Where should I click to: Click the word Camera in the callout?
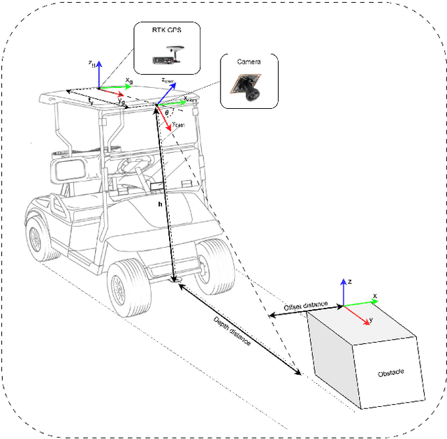click(249, 61)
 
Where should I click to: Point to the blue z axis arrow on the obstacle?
click(343, 292)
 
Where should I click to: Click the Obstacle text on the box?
click(390, 373)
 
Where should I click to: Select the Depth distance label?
click(233, 334)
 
